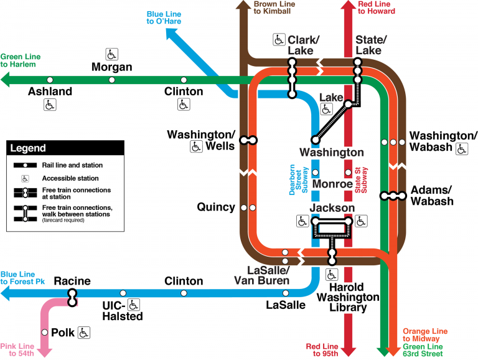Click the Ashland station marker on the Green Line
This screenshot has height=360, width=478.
point(50,80)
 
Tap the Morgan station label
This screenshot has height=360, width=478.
point(112,67)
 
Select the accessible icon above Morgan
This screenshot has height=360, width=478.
point(112,54)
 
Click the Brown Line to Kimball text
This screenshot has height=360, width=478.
point(274,8)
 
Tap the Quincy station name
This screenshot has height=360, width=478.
point(216,207)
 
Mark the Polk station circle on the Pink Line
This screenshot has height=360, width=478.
point(44,333)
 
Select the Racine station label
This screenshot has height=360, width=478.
point(72,281)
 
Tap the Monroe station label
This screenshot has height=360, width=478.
point(332,184)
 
